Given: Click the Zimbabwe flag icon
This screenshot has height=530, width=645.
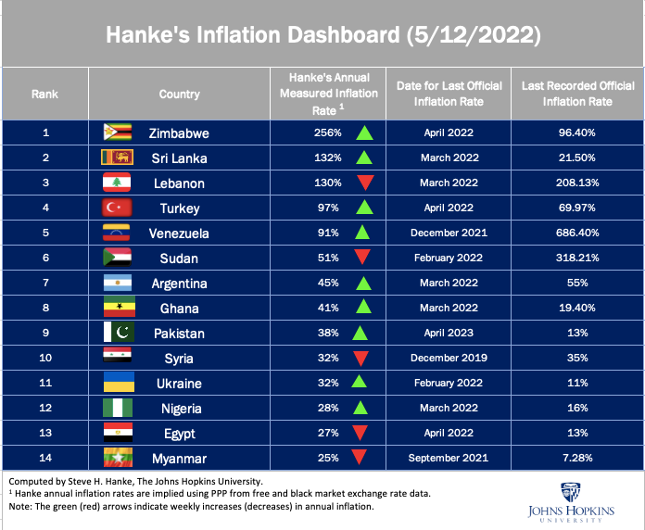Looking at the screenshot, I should click(x=117, y=132).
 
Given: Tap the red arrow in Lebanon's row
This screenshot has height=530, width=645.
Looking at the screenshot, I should click(x=363, y=183).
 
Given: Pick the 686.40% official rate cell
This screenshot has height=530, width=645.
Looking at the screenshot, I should click(x=577, y=233).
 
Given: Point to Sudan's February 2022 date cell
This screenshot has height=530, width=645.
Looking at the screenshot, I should click(x=449, y=258).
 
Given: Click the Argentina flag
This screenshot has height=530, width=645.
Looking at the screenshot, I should click(x=117, y=283).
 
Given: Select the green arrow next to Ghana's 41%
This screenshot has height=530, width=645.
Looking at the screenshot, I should click(x=363, y=307).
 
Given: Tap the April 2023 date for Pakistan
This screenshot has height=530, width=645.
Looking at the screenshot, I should click(x=449, y=333).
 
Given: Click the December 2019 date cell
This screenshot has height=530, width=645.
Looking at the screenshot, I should click(x=449, y=358).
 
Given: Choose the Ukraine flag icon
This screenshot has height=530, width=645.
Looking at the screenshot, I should click(x=117, y=383).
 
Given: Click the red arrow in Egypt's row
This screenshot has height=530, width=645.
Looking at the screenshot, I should click(x=363, y=433).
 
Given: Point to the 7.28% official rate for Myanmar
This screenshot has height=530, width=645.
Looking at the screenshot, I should click(x=577, y=457).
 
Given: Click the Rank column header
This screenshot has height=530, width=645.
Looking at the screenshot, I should click(x=44, y=94).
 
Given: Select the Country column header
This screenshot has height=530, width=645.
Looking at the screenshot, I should click(x=179, y=94).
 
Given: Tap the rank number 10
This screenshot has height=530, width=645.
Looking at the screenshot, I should click(x=44, y=358).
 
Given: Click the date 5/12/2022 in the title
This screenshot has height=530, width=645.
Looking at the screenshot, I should click(x=474, y=35).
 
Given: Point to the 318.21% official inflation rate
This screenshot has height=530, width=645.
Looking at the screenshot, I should click(x=577, y=258).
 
